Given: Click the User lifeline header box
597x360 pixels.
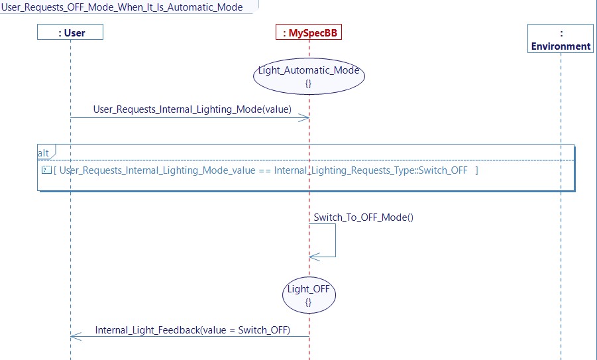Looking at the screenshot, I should (70, 32).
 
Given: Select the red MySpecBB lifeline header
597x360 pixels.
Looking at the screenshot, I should (309, 32).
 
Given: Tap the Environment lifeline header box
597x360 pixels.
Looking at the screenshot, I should (561, 39).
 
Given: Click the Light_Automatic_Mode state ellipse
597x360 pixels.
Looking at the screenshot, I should (309, 76).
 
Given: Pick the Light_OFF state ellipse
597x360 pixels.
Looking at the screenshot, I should (309, 295).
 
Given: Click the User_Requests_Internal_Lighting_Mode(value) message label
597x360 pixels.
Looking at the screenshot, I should (192, 109).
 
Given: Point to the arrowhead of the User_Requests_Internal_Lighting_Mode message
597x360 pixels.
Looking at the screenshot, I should (305, 118).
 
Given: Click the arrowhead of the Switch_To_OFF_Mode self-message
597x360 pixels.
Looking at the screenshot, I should (313, 257).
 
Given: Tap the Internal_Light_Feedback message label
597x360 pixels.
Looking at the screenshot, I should (192, 330).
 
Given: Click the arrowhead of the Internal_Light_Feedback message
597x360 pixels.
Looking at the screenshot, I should (74, 336).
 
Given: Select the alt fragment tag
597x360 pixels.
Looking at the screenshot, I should (44, 152).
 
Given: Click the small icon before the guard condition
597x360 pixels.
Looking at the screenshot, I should (46, 170).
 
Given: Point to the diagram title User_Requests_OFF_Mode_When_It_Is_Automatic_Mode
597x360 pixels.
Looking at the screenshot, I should (122, 7).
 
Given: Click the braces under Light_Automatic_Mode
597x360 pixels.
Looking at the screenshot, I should (309, 84).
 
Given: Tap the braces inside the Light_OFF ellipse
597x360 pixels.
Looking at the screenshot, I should (309, 302).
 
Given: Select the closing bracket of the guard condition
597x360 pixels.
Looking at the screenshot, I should (476, 170).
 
